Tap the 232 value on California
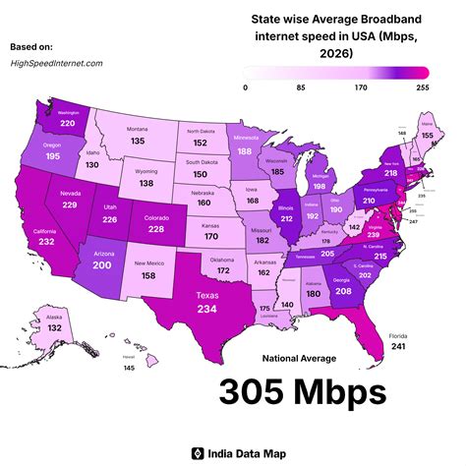(46, 241)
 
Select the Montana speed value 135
(138, 141)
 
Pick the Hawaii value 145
(129, 368)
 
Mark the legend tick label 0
(246, 87)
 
